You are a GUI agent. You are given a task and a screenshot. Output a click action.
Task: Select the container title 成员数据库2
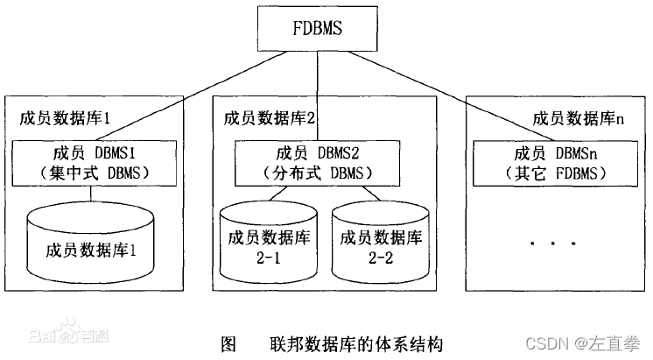click(270, 116)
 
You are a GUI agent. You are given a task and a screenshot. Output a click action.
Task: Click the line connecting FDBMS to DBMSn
click(438, 97)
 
